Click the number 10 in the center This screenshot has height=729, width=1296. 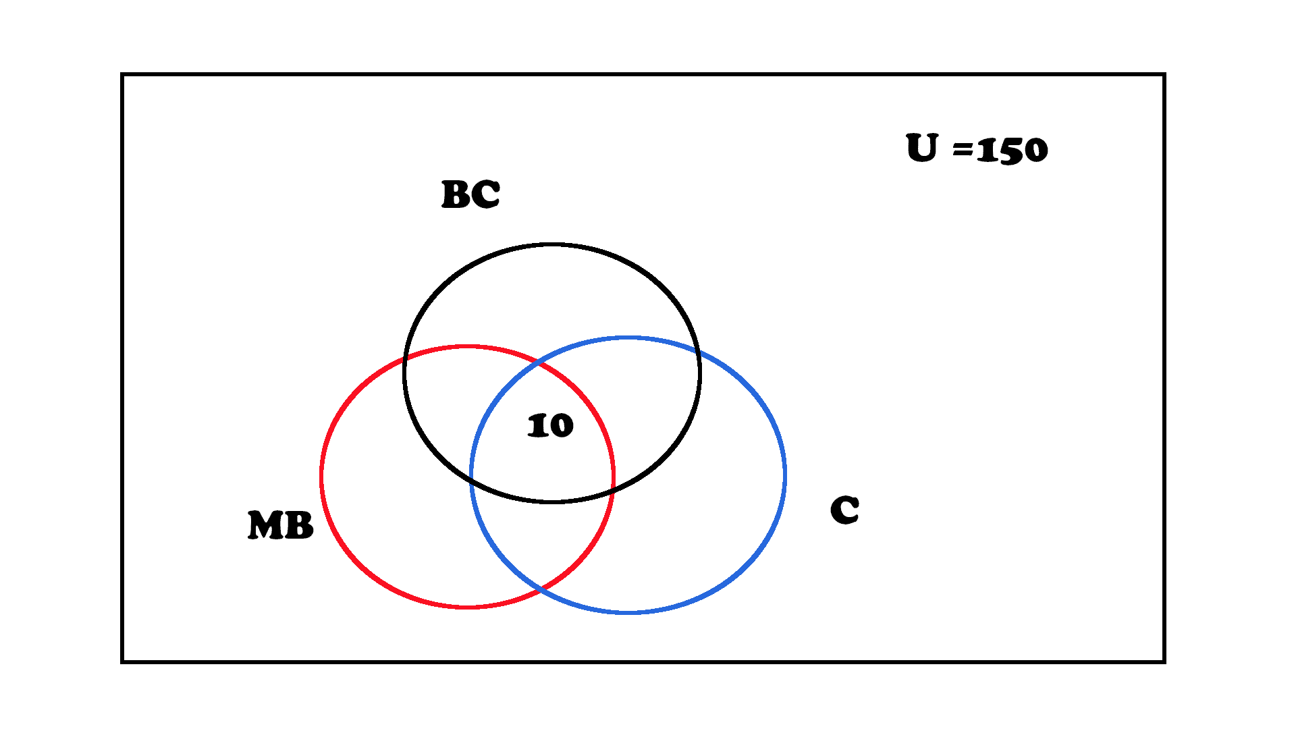click(550, 425)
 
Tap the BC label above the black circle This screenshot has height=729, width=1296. click(470, 194)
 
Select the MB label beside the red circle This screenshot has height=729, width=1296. click(281, 525)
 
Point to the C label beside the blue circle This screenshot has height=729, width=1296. click(844, 510)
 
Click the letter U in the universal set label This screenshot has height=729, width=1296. click(922, 148)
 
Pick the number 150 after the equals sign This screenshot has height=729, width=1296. click(1012, 150)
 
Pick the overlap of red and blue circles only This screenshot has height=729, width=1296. click(540, 540)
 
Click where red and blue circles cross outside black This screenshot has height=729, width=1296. click(540, 591)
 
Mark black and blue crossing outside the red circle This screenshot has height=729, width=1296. click(698, 352)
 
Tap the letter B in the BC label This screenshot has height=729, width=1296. click(455, 194)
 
